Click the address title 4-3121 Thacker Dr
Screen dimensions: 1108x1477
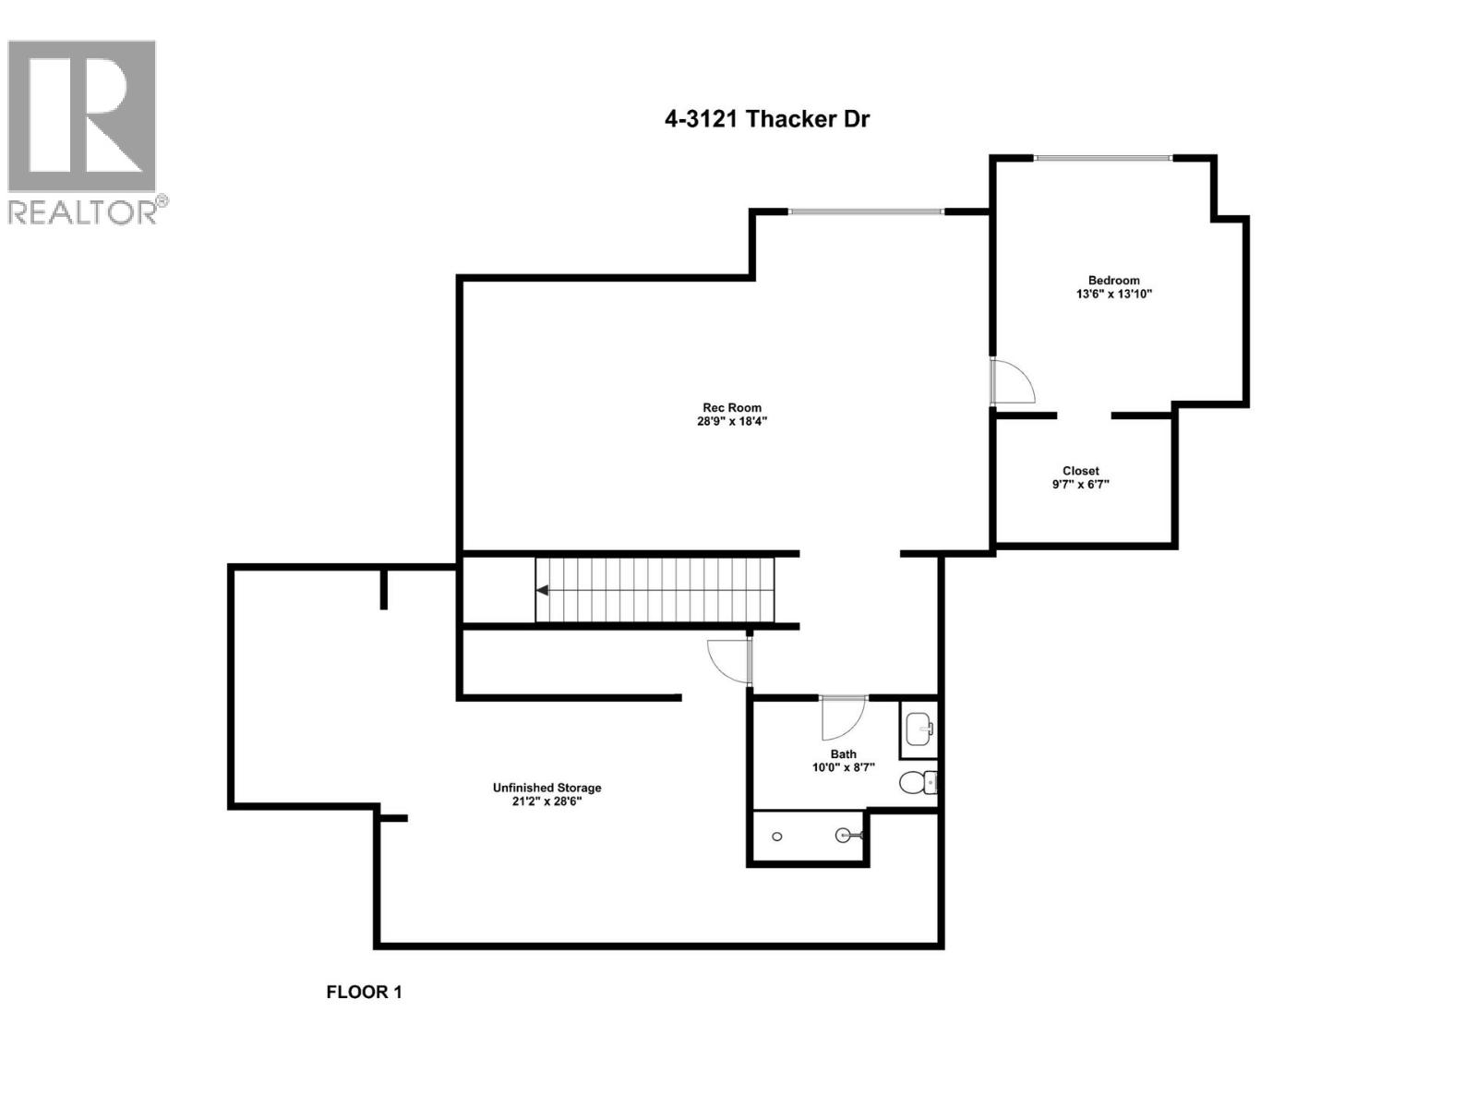coord(766,119)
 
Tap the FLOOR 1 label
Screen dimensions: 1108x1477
coord(364,993)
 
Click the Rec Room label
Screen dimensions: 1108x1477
coord(732,407)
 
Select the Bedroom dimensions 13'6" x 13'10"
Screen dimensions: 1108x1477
coord(1113,295)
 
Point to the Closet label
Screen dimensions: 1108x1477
coord(1080,471)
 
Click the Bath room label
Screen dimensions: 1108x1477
coord(843,753)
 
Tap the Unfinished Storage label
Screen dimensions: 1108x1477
coord(546,788)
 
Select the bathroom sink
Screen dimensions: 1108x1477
coord(919,729)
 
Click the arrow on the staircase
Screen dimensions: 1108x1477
coord(544,590)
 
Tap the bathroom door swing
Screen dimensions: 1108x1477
coord(842,717)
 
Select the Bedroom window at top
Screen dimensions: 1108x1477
coord(1103,158)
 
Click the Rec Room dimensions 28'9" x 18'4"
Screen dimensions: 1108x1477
coord(732,422)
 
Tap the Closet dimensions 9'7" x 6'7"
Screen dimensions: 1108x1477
coord(1080,484)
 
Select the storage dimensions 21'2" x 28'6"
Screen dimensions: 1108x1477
coord(546,801)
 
